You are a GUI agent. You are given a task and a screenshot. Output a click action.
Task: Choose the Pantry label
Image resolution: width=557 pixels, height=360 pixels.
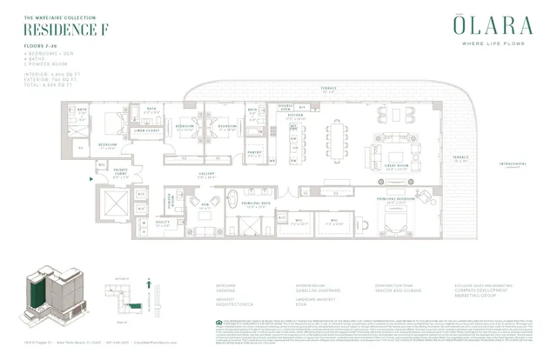pos(254,151)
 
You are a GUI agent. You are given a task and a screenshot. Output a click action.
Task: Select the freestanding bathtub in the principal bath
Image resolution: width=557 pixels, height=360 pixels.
pos(233,197)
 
